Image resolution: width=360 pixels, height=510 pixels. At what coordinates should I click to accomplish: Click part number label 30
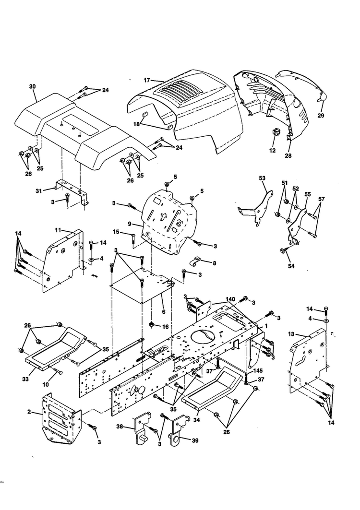tap(32, 86)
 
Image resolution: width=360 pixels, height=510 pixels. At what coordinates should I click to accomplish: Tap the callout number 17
tap(146, 80)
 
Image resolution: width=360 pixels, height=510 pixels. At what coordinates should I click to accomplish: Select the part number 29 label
tap(321, 116)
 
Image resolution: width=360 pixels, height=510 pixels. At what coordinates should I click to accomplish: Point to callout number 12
tap(273, 151)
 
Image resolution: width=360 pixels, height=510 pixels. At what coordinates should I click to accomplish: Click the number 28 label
tap(288, 156)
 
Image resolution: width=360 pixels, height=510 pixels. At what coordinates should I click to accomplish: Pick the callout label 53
tap(262, 178)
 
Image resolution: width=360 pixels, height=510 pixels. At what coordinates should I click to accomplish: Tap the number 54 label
tap(291, 266)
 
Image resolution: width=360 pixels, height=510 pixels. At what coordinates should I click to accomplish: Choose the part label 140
tap(230, 299)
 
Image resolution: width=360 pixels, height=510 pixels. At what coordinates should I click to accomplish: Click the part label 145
tap(258, 371)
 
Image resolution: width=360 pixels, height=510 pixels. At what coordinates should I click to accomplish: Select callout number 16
tap(165, 327)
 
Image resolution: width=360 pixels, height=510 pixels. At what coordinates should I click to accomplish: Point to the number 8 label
tap(214, 263)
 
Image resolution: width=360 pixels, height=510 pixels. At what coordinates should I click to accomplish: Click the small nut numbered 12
tap(276, 133)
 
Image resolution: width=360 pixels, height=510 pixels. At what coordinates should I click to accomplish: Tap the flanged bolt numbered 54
tap(283, 251)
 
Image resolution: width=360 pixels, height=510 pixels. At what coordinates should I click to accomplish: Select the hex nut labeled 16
tap(151, 324)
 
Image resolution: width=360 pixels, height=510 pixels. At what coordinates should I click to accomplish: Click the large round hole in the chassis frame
tap(203, 337)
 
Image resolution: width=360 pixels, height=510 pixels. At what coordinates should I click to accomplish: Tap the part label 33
tap(26, 379)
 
